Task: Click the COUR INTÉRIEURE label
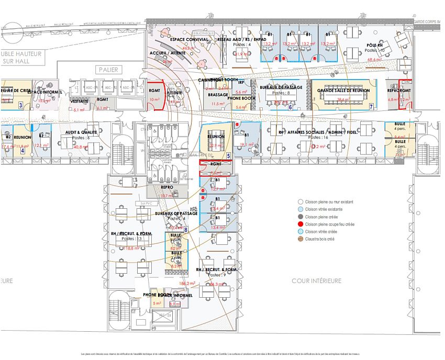pyautogui.click(x=317, y=281)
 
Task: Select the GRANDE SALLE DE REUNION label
pyautogui.click(x=343, y=91)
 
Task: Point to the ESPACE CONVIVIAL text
pyautogui.click(x=189, y=39)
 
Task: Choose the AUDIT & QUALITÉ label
pyautogui.click(x=81, y=132)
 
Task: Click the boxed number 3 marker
pyautogui.click(x=20, y=105)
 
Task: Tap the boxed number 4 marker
pyautogui.click(x=23, y=151)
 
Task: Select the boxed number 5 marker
pyautogui.click(x=228, y=156)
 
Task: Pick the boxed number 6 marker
pyautogui.click(x=290, y=107)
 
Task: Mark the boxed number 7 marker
pyautogui.click(x=371, y=106)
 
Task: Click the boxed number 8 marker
pyautogui.click(x=186, y=229)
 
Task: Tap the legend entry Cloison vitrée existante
pyautogui.click(x=325, y=209)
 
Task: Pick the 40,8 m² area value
pyautogui.click(x=81, y=147)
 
